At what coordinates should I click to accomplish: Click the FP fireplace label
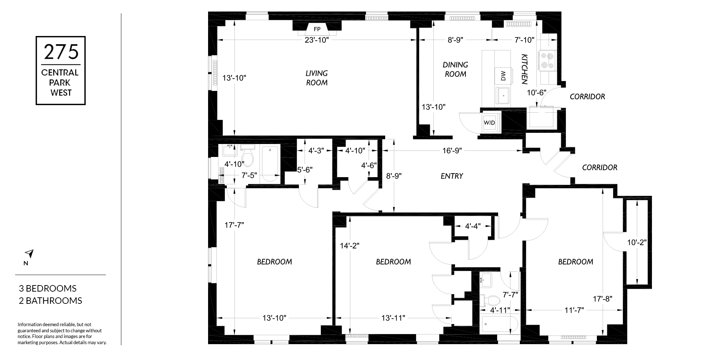(317, 29)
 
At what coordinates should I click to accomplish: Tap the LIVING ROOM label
(317, 78)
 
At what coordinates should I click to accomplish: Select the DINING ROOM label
(455, 69)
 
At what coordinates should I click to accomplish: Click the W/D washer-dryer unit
(489, 122)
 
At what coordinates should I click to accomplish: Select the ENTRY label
(452, 176)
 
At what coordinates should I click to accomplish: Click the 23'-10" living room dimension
(317, 40)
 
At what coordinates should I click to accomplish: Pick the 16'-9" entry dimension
(452, 150)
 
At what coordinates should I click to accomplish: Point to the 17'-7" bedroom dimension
(234, 225)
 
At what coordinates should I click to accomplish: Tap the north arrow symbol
(30, 254)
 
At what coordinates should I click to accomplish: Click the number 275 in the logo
(61, 52)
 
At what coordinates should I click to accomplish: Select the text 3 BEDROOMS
(48, 288)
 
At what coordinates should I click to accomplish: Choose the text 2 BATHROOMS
(50, 301)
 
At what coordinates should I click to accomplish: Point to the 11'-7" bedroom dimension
(574, 310)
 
